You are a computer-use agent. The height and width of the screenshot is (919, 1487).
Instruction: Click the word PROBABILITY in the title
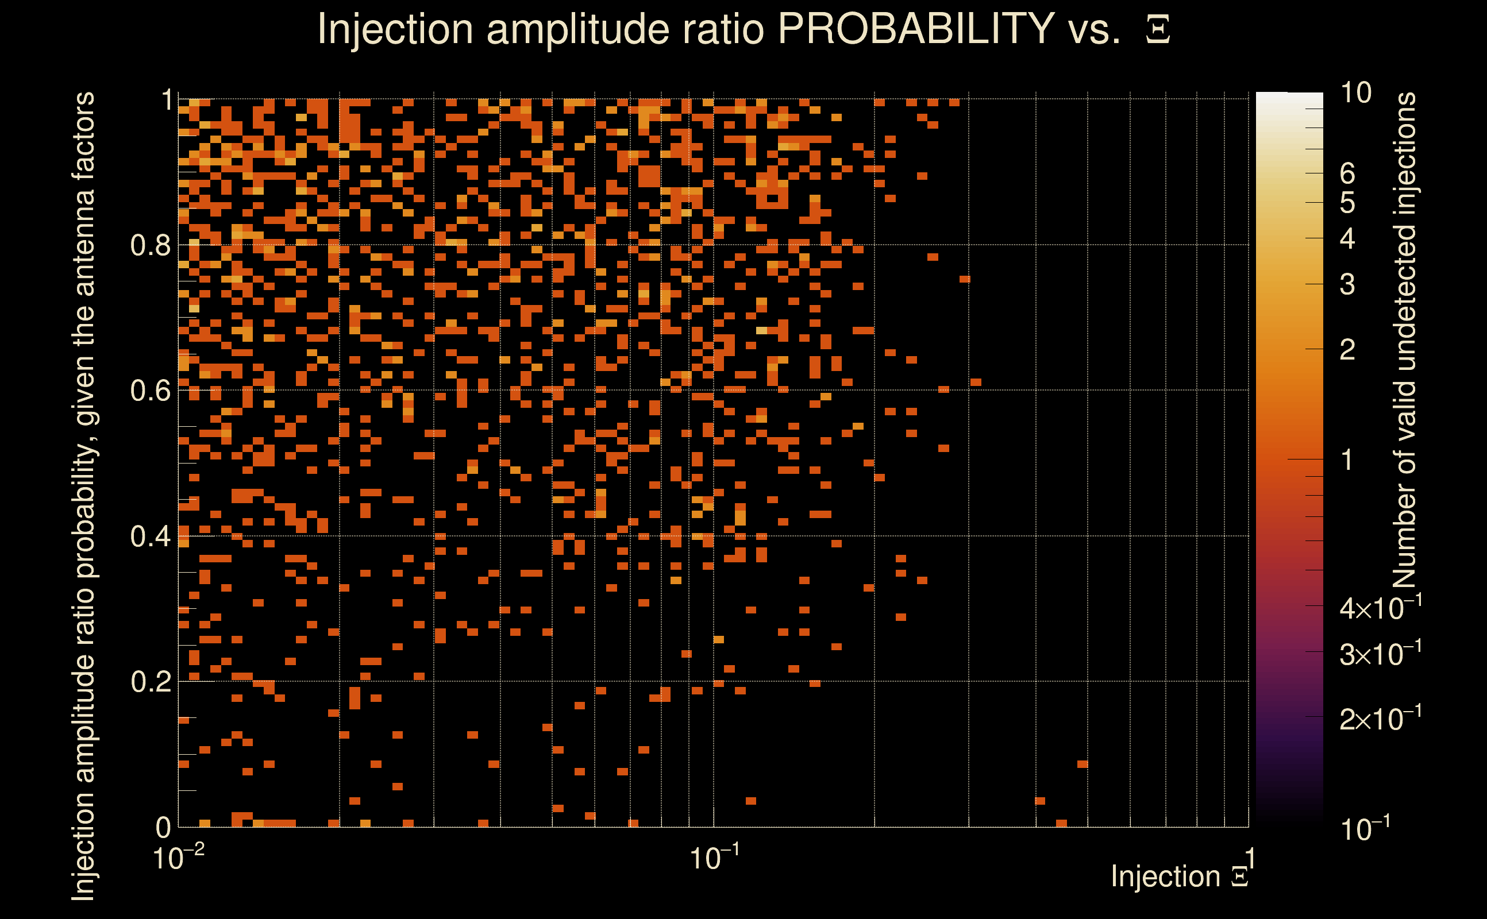tap(916, 29)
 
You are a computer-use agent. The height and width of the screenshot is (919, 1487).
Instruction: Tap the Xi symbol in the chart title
tap(1158, 30)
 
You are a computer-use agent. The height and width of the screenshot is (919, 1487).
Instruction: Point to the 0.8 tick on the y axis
tap(151, 246)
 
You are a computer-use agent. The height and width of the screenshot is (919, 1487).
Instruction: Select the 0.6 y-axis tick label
tap(151, 391)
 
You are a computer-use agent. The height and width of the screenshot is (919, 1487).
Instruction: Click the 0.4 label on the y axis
tap(151, 536)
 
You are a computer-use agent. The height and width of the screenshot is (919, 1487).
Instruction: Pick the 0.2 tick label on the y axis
tap(151, 682)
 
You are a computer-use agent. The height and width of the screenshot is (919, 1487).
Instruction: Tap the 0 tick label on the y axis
tap(164, 827)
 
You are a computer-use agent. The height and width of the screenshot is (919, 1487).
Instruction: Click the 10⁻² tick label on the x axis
tap(178, 858)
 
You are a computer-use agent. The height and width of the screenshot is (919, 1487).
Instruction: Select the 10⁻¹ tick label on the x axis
tap(714, 858)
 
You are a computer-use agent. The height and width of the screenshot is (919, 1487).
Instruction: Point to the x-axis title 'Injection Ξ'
tap(1180, 876)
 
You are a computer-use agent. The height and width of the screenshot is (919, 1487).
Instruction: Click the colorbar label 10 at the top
tap(1355, 93)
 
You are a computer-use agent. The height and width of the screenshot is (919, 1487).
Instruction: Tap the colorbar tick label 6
tap(1347, 174)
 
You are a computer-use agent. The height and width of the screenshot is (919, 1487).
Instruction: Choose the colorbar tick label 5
tap(1347, 203)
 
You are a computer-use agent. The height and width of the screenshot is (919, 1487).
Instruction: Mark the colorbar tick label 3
tap(1347, 284)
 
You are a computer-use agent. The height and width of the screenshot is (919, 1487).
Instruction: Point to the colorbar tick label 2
tap(1347, 350)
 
